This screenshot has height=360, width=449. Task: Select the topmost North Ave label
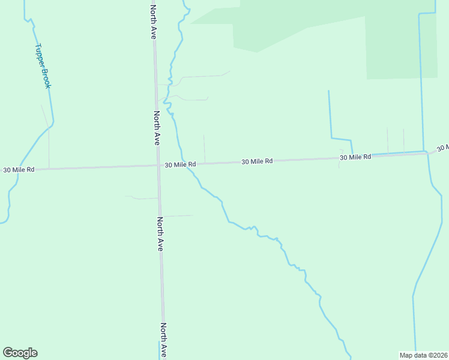154,22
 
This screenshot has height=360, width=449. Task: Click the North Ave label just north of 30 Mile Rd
157,128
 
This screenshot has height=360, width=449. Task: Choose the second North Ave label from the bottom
160,233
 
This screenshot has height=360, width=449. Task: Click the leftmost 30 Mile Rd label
19,170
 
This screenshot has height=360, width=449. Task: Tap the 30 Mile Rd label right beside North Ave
180,164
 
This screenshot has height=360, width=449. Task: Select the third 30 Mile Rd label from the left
257,161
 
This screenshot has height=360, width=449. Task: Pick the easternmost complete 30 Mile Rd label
355,157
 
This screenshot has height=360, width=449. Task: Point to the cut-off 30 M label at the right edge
442,148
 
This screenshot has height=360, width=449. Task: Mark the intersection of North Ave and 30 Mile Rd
158,166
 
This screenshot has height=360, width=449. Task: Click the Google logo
20,353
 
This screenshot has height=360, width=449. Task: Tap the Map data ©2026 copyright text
424,355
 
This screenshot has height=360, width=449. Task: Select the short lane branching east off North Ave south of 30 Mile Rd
178,215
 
